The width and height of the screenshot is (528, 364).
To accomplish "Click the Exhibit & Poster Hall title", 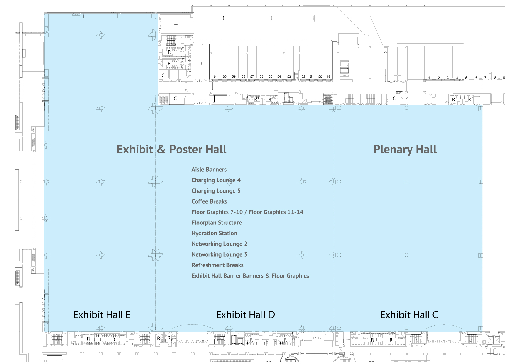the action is (171, 150).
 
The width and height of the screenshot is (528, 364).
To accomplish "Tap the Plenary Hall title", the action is (405, 150).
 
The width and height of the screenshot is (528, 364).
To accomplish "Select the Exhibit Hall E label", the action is (102, 315).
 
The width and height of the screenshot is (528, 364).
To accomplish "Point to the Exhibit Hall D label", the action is (245, 315).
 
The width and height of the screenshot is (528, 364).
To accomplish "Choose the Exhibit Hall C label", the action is (409, 315).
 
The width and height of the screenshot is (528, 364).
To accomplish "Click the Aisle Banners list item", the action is (209, 170).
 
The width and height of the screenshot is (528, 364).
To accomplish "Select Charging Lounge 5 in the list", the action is (216, 191).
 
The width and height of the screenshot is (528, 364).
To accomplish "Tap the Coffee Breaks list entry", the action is (209, 201).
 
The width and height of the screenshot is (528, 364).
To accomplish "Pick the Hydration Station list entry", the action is (214, 233).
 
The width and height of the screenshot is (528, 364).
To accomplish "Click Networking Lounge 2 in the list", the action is (219, 244).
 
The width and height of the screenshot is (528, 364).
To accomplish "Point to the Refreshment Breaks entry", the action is (217, 265).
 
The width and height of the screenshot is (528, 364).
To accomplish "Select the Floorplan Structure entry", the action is (217, 223).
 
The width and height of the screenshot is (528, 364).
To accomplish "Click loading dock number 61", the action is (216, 76).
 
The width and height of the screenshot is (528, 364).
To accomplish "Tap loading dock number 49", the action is (328, 76).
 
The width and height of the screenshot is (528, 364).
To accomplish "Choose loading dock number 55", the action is (270, 76).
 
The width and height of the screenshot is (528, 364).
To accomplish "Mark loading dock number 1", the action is (429, 78).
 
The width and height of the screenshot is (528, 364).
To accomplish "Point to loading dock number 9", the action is (504, 78).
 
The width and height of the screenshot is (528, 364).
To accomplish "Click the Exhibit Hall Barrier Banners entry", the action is (228, 276).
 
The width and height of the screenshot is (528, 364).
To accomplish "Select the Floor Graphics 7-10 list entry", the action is (217, 212).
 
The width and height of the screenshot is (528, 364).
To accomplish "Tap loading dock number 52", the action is (303, 76).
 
